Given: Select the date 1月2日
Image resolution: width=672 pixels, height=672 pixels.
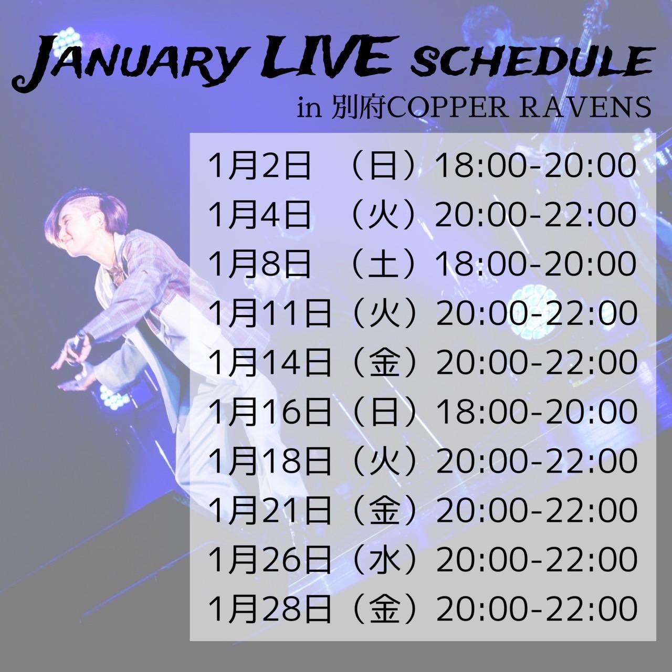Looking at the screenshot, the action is [x=259, y=166].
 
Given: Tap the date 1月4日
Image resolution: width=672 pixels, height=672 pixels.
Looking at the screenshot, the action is [x=259, y=215].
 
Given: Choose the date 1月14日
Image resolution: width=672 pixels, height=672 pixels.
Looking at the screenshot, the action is [x=269, y=363].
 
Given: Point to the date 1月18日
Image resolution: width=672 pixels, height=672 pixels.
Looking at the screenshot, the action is [x=269, y=461].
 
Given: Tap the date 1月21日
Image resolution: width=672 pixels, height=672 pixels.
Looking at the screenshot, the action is [x=269, y=510].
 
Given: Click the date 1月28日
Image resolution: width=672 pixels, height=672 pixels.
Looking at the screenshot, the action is [x=269, y=609].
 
